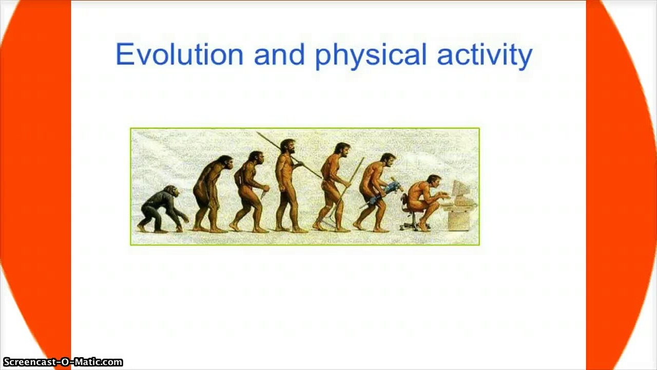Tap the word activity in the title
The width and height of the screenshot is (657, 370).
(485, 55)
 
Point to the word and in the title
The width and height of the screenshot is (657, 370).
(279, 54)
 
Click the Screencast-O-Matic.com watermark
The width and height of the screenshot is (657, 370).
(62, 362)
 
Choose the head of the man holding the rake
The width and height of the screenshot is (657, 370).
(342, 150)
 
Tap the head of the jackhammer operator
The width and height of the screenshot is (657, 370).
(388, 159)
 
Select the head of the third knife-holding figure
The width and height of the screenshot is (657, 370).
(257, 158)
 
